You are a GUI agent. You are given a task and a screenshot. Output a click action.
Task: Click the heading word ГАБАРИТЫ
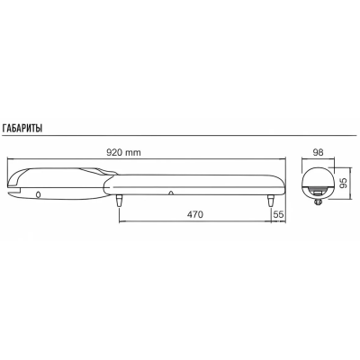coord(22,129)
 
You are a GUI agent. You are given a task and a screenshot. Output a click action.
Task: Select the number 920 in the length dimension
coord(115,152)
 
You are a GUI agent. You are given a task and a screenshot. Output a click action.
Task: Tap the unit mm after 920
coord(133,153)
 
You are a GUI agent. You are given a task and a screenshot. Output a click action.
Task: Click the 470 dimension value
coord(194,214)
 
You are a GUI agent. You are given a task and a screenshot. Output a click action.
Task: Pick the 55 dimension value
coord(278,214)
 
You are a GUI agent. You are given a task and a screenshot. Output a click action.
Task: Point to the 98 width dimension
coord(318,152)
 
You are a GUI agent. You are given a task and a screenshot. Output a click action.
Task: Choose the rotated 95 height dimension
coord(343,182)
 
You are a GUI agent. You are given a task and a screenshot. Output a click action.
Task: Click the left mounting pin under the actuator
coord(120,201)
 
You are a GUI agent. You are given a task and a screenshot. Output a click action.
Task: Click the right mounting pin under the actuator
coord(270,201)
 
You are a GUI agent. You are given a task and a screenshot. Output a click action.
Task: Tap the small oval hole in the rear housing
coord(38,194)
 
